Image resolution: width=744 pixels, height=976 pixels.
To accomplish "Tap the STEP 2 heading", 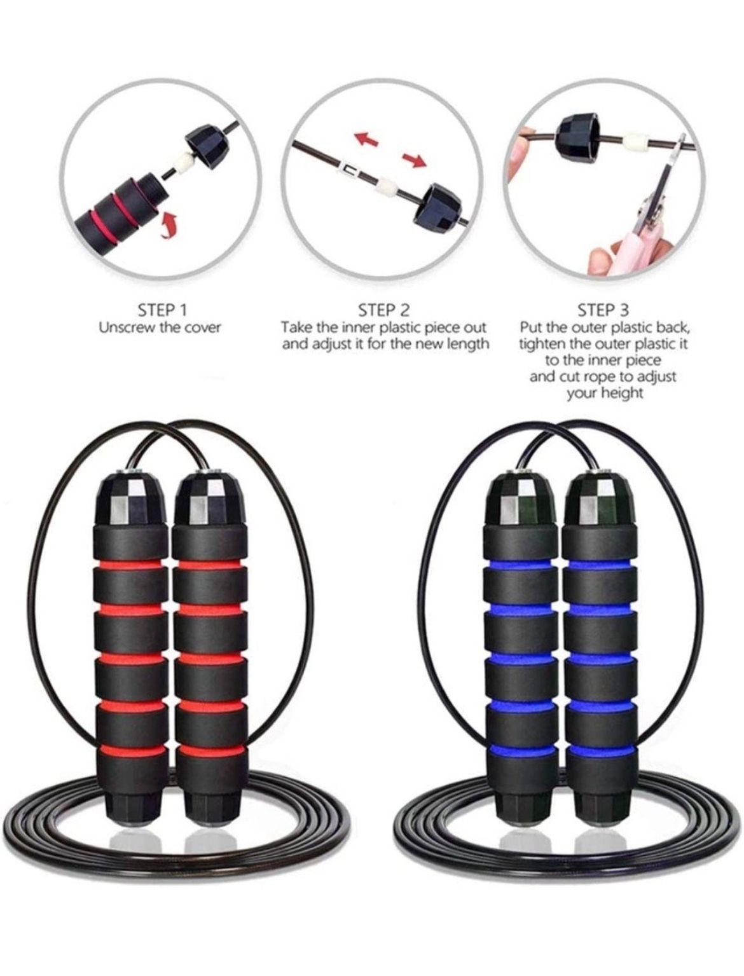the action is tap(384, 310).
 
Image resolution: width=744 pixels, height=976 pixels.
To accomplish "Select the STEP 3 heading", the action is tap(603, 310).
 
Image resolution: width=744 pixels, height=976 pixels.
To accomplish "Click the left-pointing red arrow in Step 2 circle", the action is tap(366, 137).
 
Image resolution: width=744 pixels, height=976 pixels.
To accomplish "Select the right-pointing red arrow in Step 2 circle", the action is tap(414, 160).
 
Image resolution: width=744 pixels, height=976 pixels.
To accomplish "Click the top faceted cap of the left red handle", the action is tap(131, 500).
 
